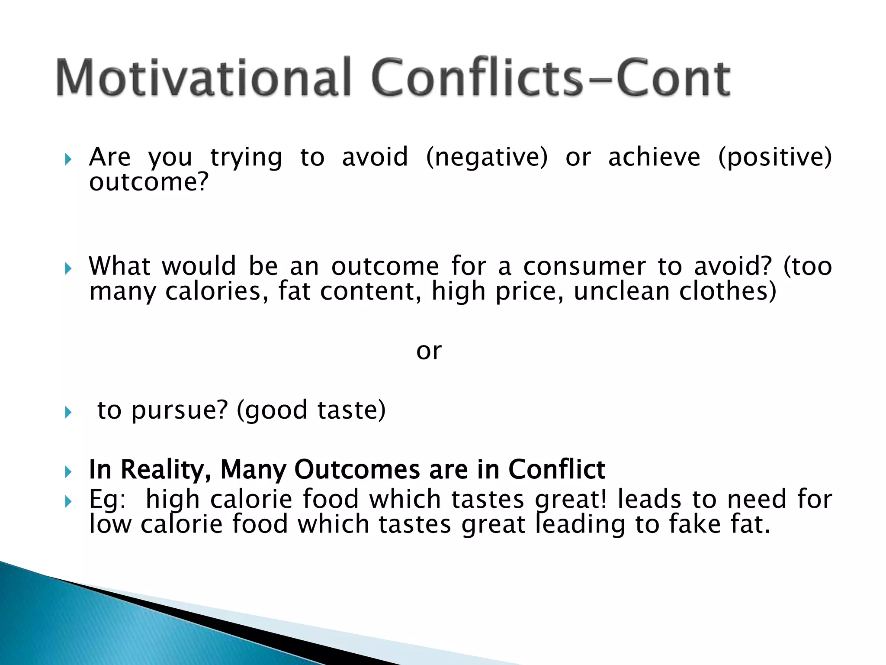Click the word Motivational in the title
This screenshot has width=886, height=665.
click(x=203, y=78)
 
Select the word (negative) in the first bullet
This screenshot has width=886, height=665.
click(x=487, y=157)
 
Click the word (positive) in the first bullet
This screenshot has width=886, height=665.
click(x=775, y=157)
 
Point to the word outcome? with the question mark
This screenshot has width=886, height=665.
click(x=149, y=182)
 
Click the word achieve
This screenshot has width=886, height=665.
click(x=654, y=157)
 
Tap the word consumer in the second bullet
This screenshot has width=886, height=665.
click(x=584, y=266)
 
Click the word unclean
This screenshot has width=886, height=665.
click(x=621, y=291)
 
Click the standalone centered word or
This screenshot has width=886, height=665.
click(x=429, y=351)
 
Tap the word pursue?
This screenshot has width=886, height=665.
click(x=180, y=410)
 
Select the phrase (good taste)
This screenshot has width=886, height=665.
click(x=311, y=410)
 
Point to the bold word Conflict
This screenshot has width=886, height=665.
click(x=557, y=470)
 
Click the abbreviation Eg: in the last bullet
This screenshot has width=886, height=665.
click(x=107, y=500)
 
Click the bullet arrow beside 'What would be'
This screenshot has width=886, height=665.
click(x=67, y=269)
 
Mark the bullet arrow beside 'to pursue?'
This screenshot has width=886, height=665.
click(x=67, y=413)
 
